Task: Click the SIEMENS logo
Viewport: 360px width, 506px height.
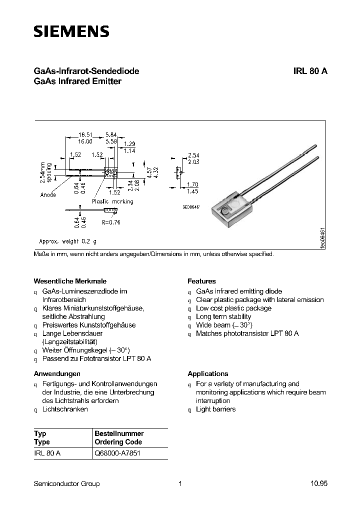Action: pyautogui.click(x=71, y=32)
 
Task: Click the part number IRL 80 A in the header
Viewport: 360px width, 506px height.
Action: pyautogui.click(x=310, y=71)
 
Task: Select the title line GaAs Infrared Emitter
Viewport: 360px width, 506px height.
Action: pyautogui.click(x=77, y=81)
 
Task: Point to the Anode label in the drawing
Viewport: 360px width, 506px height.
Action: pyautogui.click(x=48, y=195)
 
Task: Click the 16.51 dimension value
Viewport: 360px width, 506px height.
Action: pyautogui.click(x=86, y=135)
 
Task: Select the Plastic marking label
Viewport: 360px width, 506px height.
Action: pyautogui.click(x=112, y=201)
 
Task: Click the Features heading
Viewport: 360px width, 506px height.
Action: pyautogui.click(x=201, y=281)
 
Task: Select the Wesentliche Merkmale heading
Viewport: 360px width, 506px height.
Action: pyautogui.click(x=70, y=281)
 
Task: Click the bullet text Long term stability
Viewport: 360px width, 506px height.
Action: pyautogui.click(x=223, y=316)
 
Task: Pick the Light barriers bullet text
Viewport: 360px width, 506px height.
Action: pyautogui.click(x=215, y=409)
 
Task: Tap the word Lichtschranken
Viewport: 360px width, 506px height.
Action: pyautogui.click(x=65, y=409)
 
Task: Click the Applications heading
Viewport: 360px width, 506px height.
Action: pyautogui.click(x=207, y=373)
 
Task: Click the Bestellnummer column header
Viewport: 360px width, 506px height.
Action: pyautogui.click(x=119, y=433)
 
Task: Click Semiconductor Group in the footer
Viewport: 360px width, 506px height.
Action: pyautogui.click(x=66, y=483)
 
